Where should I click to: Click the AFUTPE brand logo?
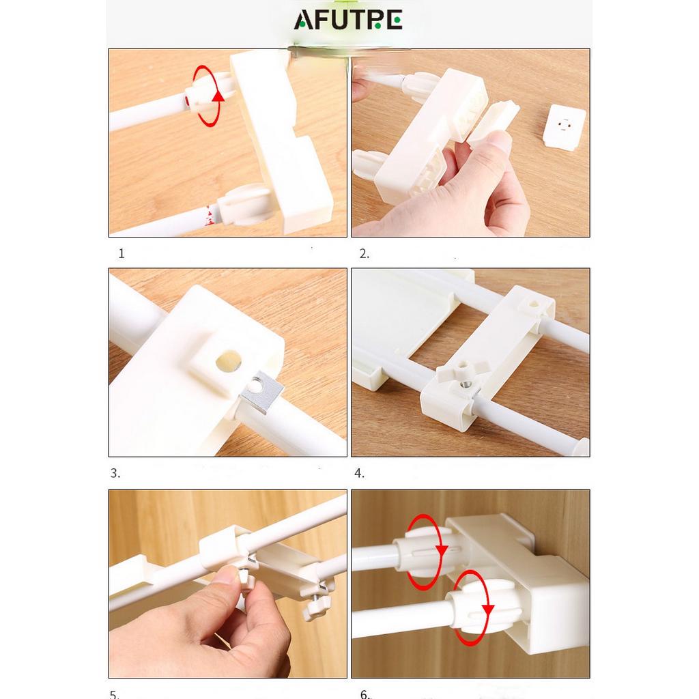348,20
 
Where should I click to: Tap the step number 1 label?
122,254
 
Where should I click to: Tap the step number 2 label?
365,254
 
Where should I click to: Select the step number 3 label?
115,473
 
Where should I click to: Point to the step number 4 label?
359,473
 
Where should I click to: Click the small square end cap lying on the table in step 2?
565,126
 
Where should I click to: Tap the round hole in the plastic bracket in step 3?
229,360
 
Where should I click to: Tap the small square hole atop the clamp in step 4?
533,305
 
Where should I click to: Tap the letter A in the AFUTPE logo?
304,20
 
